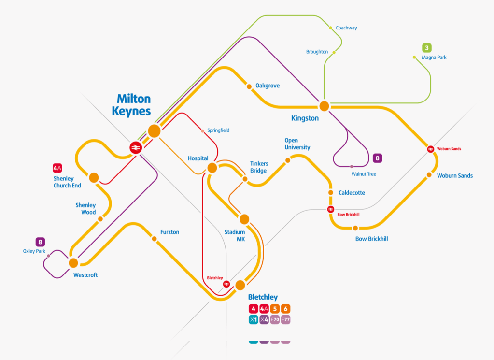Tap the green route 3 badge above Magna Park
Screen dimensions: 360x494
pos(427,48)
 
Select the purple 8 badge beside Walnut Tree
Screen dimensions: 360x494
pos(378,158)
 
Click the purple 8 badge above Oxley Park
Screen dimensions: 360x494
pos(41,242)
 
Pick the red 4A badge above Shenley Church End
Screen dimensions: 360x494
pos(57,168)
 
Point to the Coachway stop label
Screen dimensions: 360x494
pos(346,28)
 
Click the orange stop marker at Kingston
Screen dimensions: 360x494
pos(324,106)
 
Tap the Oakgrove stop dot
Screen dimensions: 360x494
pos(249,86)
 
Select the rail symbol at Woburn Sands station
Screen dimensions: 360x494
pos(430,149)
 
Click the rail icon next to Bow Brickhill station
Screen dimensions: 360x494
pos(331,209)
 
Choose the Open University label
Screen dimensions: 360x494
pos(297,144)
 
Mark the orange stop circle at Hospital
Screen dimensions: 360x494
pos(212,168)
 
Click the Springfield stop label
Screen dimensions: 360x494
pos(218,130)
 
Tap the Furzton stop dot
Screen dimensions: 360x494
pos(154,239)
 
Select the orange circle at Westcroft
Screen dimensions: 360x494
pos(73,263)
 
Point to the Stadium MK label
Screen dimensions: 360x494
pos(234,235)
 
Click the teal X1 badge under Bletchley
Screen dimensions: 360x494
pos(254,319)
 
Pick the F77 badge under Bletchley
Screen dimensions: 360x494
pos(285,319)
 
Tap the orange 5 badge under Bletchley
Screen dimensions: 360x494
pos(275,309)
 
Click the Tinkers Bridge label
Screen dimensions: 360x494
pos(258,167)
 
